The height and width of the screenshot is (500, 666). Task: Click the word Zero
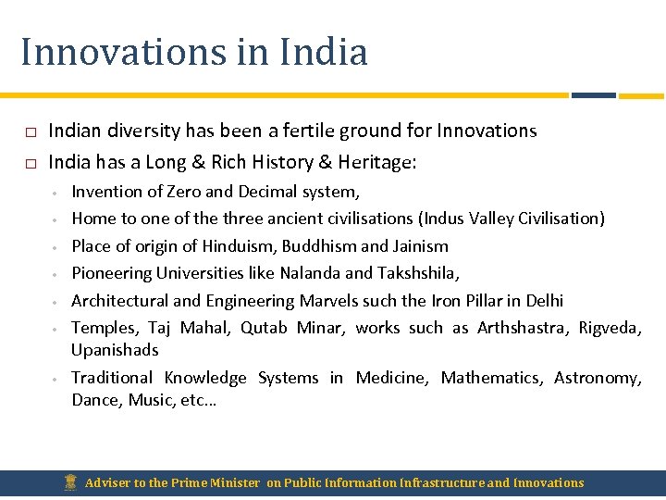click(183, 192)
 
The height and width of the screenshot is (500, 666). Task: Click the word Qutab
click(264, 328)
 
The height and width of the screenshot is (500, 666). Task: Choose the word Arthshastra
click(522, 328)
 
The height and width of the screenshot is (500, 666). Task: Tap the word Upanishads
click(115, 350)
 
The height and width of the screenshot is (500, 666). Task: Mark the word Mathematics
click(491, 378)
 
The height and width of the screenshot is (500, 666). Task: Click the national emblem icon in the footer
click(71, 482)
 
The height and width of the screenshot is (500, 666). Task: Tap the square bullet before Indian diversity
click(30, 131)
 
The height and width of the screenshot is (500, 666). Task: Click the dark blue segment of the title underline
click(593, 94)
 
